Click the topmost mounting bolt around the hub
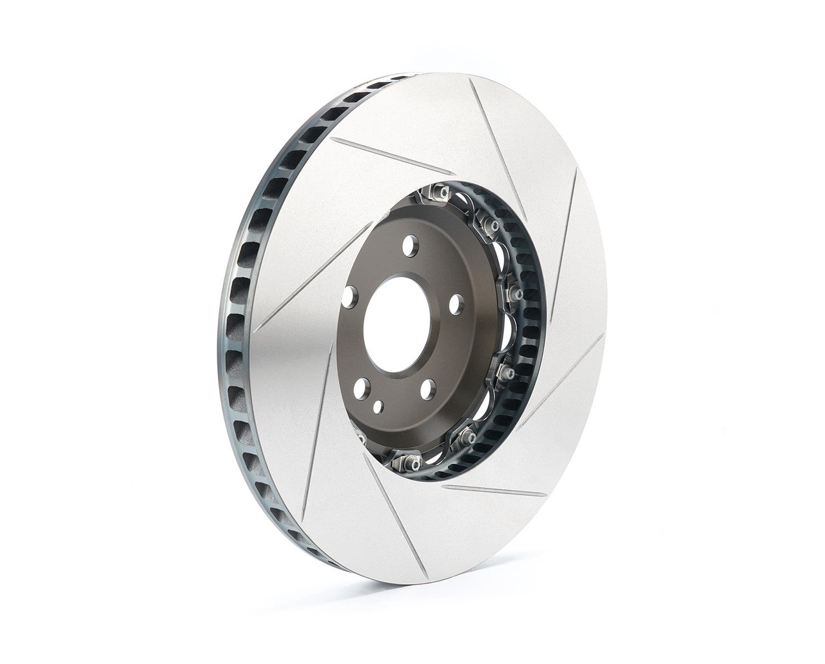coord(442,191)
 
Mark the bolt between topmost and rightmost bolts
coord(492,224)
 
